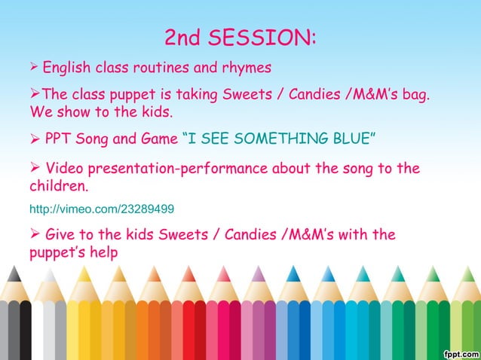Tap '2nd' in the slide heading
184,37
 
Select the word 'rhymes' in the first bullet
245,68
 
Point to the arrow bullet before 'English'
34,68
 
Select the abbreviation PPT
60,139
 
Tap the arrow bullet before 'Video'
35,167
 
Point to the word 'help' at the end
103,252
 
